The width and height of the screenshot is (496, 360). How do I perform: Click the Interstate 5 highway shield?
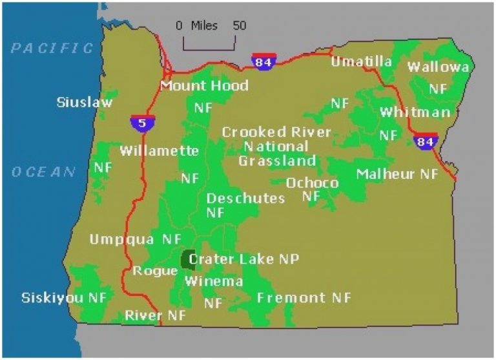(141, 122)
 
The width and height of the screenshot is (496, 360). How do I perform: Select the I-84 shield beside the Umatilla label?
(264, 61)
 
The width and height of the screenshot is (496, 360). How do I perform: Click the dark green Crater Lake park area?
(189, 260)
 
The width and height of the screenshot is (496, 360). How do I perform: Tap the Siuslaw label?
(85, 102)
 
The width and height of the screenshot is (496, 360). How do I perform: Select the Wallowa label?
(439, 67)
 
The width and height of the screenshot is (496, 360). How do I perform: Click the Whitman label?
(415, 112)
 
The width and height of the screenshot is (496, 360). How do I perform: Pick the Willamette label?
(159, 151)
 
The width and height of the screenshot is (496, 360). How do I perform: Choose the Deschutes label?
(245, 198)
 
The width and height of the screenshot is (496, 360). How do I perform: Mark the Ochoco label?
(312, 183)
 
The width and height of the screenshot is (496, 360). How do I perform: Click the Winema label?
(214, 282)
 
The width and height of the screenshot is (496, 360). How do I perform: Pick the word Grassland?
(277, 161)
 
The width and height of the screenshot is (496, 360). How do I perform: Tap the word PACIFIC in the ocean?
(53, 48)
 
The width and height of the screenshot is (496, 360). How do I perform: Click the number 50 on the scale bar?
(239, 26)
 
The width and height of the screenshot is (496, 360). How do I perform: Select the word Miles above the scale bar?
(204, 26)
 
